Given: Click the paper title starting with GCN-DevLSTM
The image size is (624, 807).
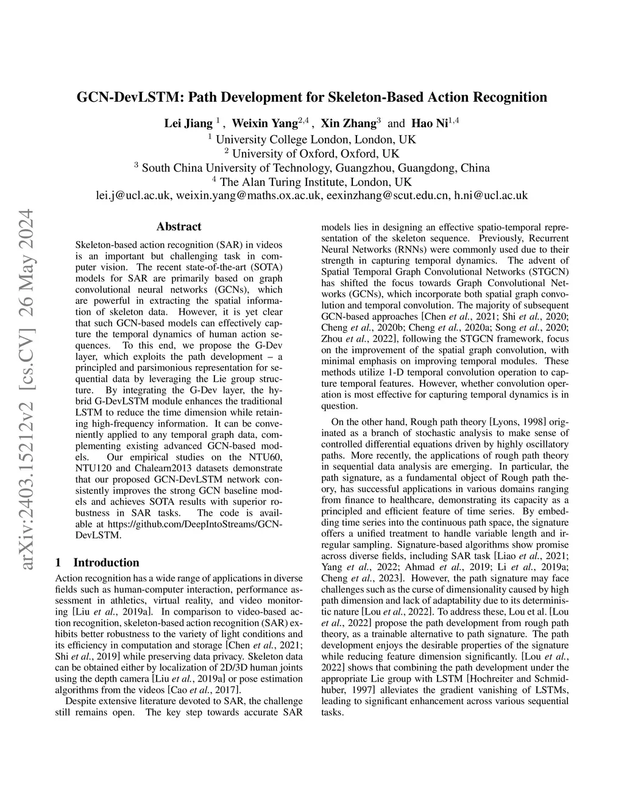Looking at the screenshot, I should pos(311,97).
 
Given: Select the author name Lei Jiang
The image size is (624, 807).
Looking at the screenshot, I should pos(188,124).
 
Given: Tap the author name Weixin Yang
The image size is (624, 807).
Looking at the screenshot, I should pos(265,124).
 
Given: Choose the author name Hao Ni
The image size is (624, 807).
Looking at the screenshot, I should pos(430,124).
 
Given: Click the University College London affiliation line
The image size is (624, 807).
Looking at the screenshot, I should pos(311,139).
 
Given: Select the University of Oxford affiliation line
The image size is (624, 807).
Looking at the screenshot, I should pos(311,153).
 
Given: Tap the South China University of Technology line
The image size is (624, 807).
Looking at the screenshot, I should pos(311,167).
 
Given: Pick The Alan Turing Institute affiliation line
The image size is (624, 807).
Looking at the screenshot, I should pos(311,181).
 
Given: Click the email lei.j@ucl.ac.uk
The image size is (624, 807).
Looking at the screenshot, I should pos(135,196).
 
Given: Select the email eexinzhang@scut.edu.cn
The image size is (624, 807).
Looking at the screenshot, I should pos(388,196).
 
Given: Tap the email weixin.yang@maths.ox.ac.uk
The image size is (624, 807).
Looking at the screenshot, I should pos(249,196).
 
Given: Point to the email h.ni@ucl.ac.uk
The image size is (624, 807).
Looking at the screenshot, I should pos(491,196).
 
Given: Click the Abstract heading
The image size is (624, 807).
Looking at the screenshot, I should pos(179,227).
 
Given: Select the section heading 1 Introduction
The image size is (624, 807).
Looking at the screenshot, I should pos(97,563).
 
